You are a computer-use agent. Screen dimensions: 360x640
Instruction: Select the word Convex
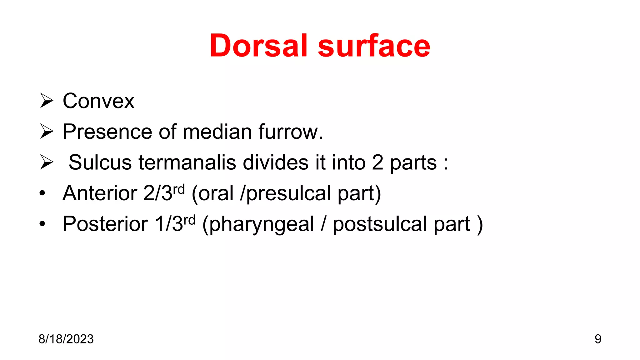point(98,101)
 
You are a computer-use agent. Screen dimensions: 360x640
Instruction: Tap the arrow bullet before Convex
point(47,101)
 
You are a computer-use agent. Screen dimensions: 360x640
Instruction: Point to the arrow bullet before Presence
point(47,131)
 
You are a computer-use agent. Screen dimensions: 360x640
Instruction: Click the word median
point(217,132)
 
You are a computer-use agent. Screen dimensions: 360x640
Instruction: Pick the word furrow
point(291,132)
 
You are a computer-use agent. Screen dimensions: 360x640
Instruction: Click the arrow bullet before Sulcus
point(47,162)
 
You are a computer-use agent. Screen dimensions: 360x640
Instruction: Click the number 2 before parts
point(377,162)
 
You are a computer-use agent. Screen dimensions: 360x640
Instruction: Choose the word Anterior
point(100,193)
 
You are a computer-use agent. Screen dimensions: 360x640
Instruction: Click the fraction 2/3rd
point(164,192)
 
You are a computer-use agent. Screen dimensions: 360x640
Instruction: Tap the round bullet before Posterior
point(42,224)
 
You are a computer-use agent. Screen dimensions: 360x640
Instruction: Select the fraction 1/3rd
point(175,223)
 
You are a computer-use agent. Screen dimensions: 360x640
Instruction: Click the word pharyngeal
point(262,224)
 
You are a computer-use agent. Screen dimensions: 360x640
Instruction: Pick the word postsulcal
point(379,224)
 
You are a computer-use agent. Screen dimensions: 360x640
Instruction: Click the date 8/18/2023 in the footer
point(66,339)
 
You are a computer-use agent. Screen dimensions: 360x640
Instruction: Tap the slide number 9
point(597,339)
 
